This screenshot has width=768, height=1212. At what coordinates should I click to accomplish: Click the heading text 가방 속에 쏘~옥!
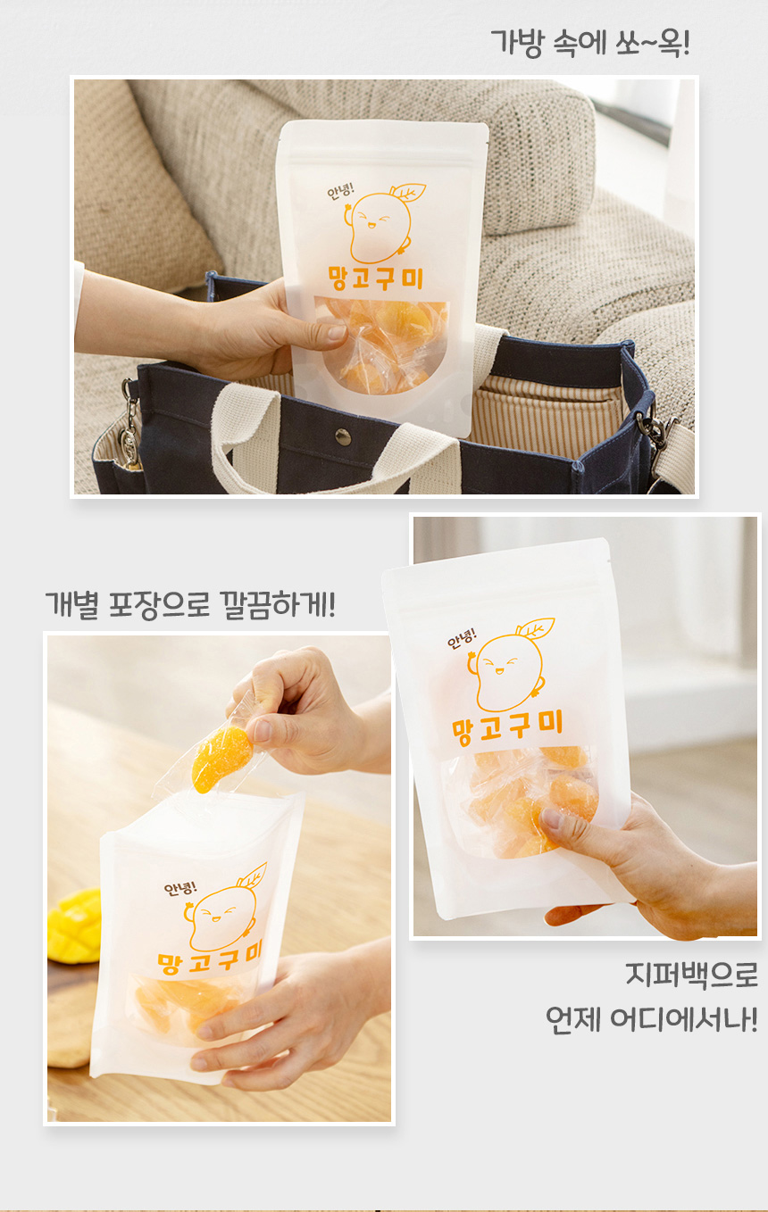coord(589,43)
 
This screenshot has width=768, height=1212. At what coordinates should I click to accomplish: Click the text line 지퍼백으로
coord(691,975)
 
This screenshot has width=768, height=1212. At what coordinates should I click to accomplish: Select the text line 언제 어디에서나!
coord(651,1018)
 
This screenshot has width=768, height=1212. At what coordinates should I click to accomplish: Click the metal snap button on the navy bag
coord(343,436)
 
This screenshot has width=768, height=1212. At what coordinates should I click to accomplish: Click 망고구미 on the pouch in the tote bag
coord(376,278)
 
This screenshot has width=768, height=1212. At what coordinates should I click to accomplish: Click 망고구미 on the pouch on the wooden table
coord(207,960)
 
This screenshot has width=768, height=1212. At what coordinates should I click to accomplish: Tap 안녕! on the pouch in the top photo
coord(339,192)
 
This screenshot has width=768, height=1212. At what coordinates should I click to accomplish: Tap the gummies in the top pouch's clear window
coord(385,344)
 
